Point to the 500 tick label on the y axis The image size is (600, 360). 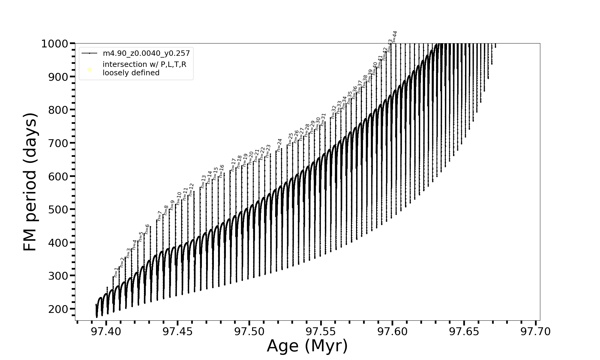[x=58, y=210]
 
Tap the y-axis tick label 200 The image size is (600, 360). [x=58, y=309]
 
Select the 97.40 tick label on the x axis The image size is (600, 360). [x=106, y=332]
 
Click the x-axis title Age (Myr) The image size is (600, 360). [x=307, y=346]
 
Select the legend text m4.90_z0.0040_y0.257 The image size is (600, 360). [x=146, y=53]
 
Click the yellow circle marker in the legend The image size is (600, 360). [x=89, y=70]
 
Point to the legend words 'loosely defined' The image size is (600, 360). [x=131, y=73]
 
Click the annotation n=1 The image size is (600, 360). [x=116, y=273]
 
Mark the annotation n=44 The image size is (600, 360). [x=394, y=37]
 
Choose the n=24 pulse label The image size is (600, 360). [x=279, y=145]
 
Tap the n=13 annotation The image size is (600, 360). [x=203, y=182]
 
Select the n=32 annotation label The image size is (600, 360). [x=334, y=112]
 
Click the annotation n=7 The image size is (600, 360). [x=160, y=216]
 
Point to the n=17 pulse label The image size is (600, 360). [x=233, y=165]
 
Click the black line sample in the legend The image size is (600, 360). [x=89, y=53]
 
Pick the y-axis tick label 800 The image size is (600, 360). [x=58, y=110]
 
